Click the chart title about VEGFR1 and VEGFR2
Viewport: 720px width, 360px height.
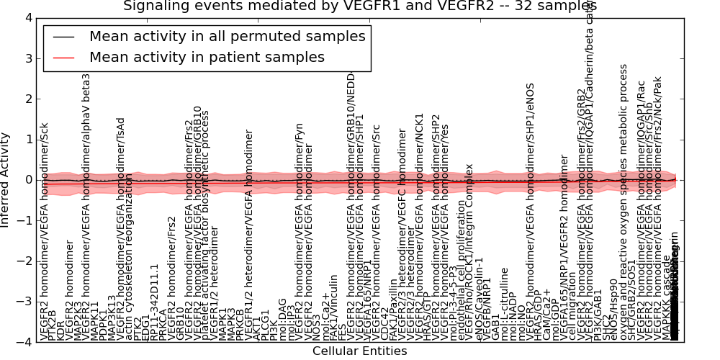[x=360, y=6]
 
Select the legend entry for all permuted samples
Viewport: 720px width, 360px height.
[x=227, y=36]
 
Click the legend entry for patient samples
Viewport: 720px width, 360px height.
[x=207, y=57]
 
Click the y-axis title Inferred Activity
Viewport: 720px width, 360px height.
[x=6, y=180]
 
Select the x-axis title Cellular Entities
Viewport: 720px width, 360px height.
[x=359, y=351]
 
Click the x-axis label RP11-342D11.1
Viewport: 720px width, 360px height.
[x=154, y=302]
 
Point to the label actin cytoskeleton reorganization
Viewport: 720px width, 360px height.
[x=129, y=256]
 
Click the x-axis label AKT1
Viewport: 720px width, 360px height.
[x=257, y=328]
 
